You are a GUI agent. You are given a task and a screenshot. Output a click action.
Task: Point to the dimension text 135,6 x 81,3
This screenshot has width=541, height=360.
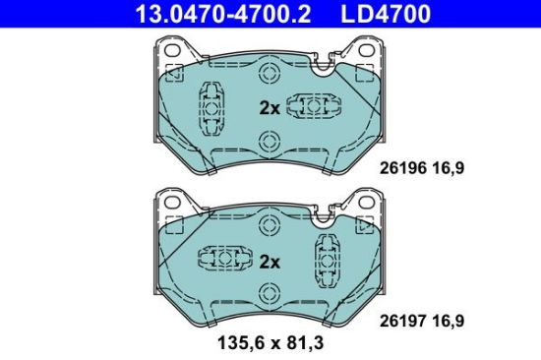[270, 344]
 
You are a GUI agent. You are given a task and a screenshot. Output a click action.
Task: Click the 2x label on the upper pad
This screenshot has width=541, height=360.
[269, 107]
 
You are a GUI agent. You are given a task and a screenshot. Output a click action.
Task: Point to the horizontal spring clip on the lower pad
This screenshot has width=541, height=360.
[221, 260]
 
